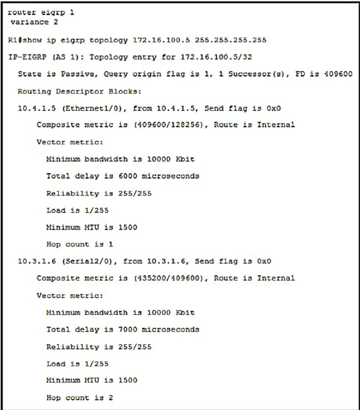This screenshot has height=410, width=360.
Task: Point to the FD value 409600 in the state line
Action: pyautogui.click(x=339, y=74)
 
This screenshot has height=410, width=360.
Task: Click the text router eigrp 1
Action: pyautogui.click(x=41, y=13)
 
